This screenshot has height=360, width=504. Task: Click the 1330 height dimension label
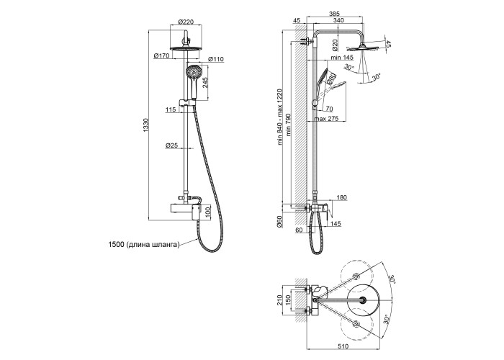point(145,129)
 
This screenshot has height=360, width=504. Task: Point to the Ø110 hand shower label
point(215,58)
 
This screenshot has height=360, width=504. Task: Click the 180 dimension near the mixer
point(341,197)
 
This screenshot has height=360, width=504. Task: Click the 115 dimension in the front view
point(170,109)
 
